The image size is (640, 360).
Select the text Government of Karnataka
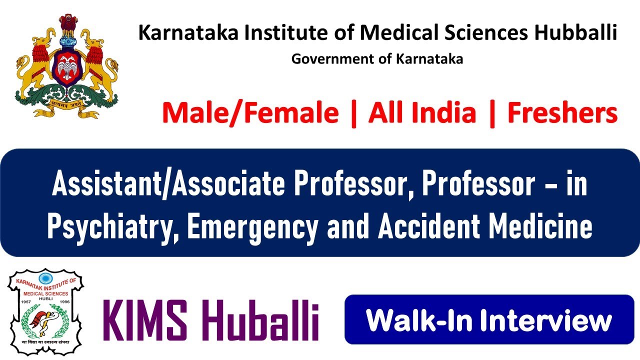pos(377,59)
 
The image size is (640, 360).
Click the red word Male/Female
pos(250,113)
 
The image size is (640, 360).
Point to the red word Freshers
pos(562,113)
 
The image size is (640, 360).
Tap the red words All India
pos(422,113)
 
